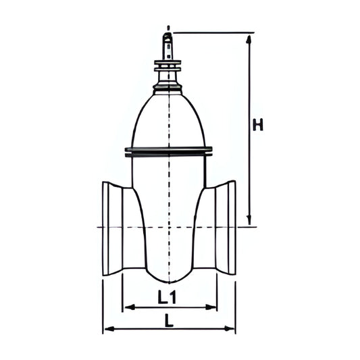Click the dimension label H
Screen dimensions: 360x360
[x=258, y=125]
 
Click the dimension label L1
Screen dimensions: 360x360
[x=167, y=297]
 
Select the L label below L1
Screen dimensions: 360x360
[x=170, y=321]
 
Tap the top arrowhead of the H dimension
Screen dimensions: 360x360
[x=249, y=39]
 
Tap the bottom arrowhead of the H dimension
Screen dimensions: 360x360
[x=249, y=220]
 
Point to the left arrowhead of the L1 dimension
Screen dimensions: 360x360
[x=129, y=307]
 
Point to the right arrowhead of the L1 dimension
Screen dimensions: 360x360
[x=211, y=307]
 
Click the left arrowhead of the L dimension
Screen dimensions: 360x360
[x=109, y=329]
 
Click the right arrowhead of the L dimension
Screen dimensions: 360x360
[x=230, y=329]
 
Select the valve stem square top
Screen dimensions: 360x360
[x=168, y=47]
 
